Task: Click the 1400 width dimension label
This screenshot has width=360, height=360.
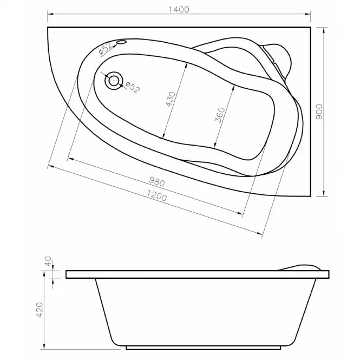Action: point(179,10)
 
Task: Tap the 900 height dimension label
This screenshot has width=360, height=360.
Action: point(319,112)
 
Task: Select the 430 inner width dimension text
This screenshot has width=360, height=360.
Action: point(171,100)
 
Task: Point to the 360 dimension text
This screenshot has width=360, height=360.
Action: point(220,115)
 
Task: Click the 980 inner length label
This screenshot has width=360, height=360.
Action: point(157,181)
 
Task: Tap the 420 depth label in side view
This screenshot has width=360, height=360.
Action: point(40,310)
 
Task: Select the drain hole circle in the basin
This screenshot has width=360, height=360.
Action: point(114,80)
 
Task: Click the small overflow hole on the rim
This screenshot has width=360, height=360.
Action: point(122,42)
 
